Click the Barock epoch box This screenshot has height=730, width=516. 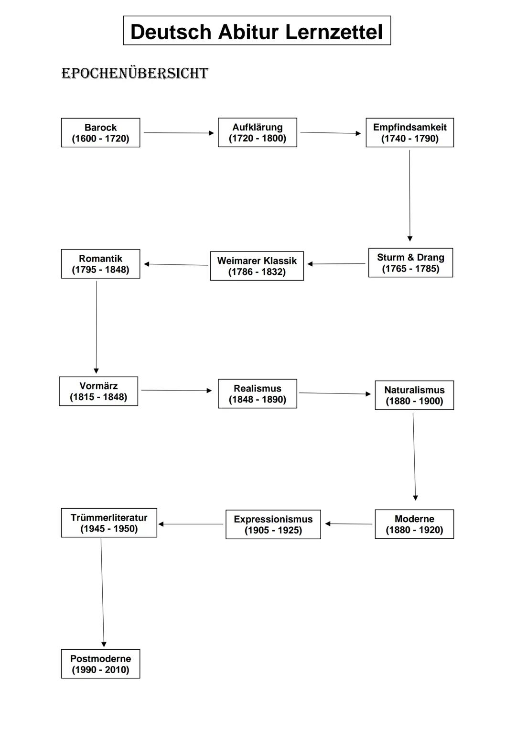[x=100, y=133]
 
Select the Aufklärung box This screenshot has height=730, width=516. [x=257, y=132]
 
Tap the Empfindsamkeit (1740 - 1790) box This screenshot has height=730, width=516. [x=409, y=133]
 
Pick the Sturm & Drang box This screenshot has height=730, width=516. [x=410, y=263]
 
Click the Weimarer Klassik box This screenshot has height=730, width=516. [x=257, y=266]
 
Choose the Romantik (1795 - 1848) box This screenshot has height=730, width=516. [x=100, y=264]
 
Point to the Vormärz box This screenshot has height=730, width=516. [x=98, y=391]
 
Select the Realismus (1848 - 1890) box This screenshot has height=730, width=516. [x=257, y=394]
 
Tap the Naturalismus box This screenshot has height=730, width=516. [x=414, y=395]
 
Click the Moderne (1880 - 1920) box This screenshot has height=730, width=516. [x=414, y=524]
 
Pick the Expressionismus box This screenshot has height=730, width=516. [x=273, y=524]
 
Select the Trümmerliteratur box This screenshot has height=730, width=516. [x=109, y=523]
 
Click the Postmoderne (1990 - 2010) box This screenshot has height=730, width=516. [x=100, y=664]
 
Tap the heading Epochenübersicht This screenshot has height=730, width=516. [x=135, y=73]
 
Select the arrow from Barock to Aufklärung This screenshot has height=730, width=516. [x=179, y=133]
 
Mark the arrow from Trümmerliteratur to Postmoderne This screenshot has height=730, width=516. [x=102, y=593]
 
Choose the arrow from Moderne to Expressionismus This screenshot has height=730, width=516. [x=349, y=524]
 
